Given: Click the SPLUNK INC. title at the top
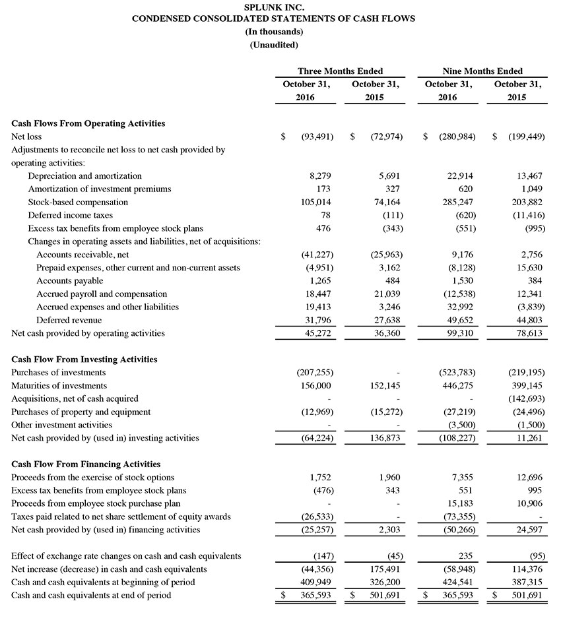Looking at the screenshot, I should tap(273, 7).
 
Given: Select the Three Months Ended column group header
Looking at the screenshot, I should tap(340, 71).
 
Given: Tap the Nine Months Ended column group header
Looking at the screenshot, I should tap(482, 71).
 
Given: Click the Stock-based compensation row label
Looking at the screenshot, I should tap(78, 202).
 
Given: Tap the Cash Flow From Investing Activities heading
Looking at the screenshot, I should tap(84, 360).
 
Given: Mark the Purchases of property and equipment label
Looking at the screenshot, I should tap(81, 412).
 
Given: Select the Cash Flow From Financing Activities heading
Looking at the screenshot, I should tap(86, 464).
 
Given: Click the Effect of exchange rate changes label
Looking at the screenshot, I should tap(126, 556).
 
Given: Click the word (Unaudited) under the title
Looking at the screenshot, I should tap(273, 45).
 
